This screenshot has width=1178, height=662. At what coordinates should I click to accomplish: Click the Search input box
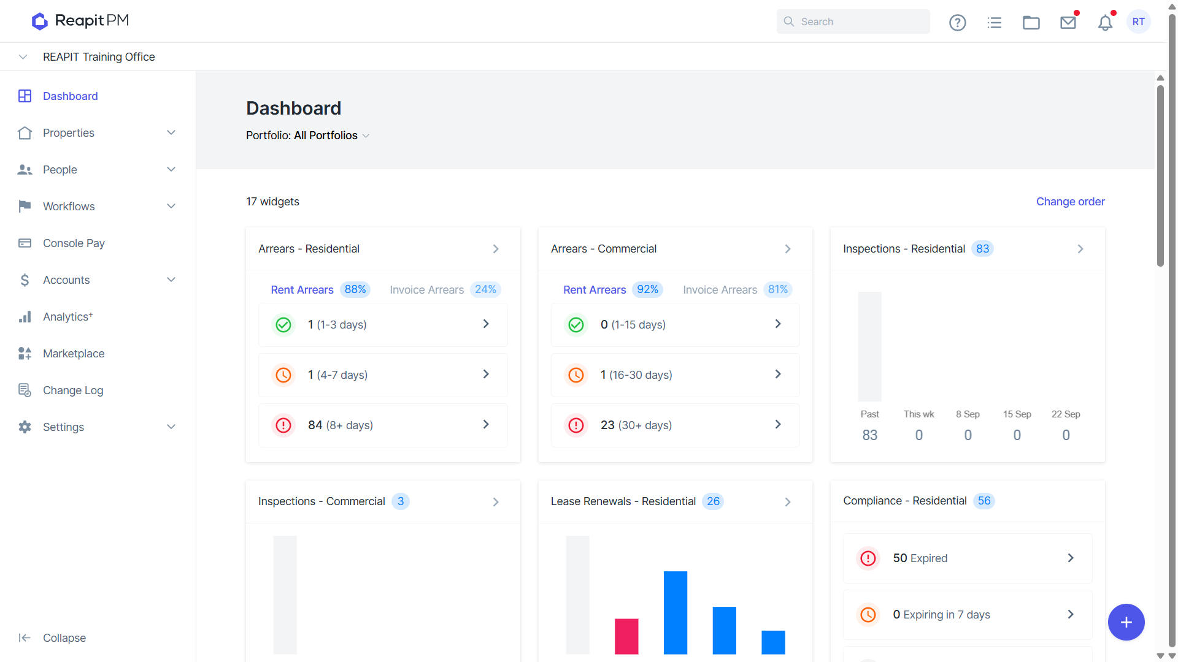(x=853, y=21)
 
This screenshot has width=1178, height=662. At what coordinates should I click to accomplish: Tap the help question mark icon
(x=957, y=23)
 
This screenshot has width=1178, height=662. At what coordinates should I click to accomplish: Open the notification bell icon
(x=1105, y=23)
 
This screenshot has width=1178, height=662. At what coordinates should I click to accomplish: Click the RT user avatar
(x=1139, y=21)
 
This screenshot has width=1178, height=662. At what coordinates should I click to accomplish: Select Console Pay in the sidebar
(x=74, y=243)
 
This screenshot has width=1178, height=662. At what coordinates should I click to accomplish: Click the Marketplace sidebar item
(x=74, y=354)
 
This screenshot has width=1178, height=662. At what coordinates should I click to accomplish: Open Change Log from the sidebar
(x=73, y=390)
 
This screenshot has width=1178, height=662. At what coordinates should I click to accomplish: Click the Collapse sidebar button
(x=53, y=638)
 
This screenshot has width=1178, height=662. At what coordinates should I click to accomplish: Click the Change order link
(x=1070, y=202)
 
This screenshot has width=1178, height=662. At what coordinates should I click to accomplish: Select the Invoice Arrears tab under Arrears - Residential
(x=445, y=289)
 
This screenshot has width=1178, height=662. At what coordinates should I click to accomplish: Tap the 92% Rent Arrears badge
(x=647, y=289)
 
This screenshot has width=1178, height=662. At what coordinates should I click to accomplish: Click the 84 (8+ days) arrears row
(x=383, y=425)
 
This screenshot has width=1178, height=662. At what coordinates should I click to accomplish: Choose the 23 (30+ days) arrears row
(x=675, y=425)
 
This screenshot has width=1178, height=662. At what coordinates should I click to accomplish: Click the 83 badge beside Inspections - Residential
(x=982, y=249)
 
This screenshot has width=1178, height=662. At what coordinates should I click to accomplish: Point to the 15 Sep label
(x=1017, y=414)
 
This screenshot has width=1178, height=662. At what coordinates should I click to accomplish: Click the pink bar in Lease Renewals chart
(x=626, y=636)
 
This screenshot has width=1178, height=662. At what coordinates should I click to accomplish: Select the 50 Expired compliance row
(x=968, y=558)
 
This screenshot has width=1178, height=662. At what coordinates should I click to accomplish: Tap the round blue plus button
(x=1126, y=622)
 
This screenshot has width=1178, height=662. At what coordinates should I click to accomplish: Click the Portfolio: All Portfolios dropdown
(x=308, y=135)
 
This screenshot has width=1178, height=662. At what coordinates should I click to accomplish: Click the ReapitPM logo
(x=80, y=21)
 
